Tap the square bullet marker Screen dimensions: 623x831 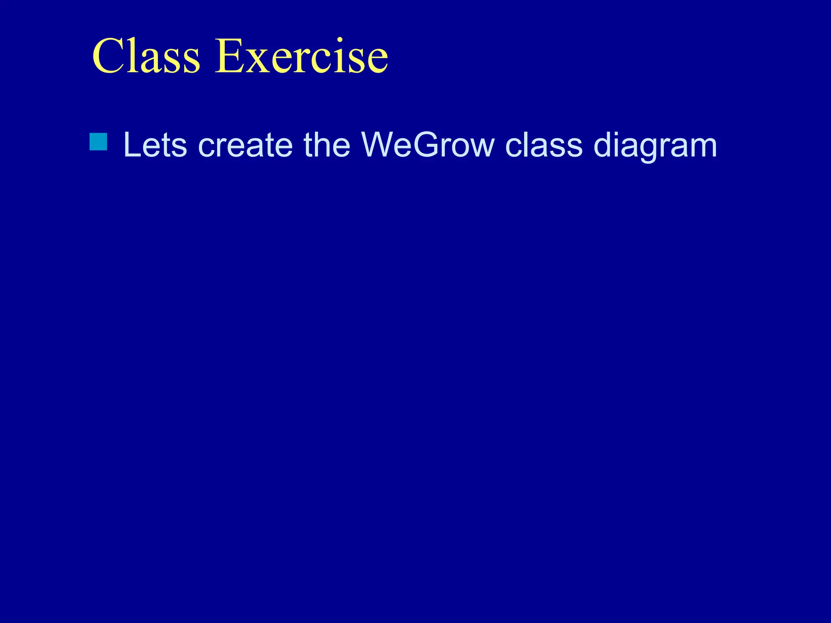[98, 142]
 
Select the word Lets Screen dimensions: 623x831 [155, 145]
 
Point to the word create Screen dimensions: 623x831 [245, 145]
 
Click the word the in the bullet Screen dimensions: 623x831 [327, 145]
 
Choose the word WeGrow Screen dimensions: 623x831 [428, 145]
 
